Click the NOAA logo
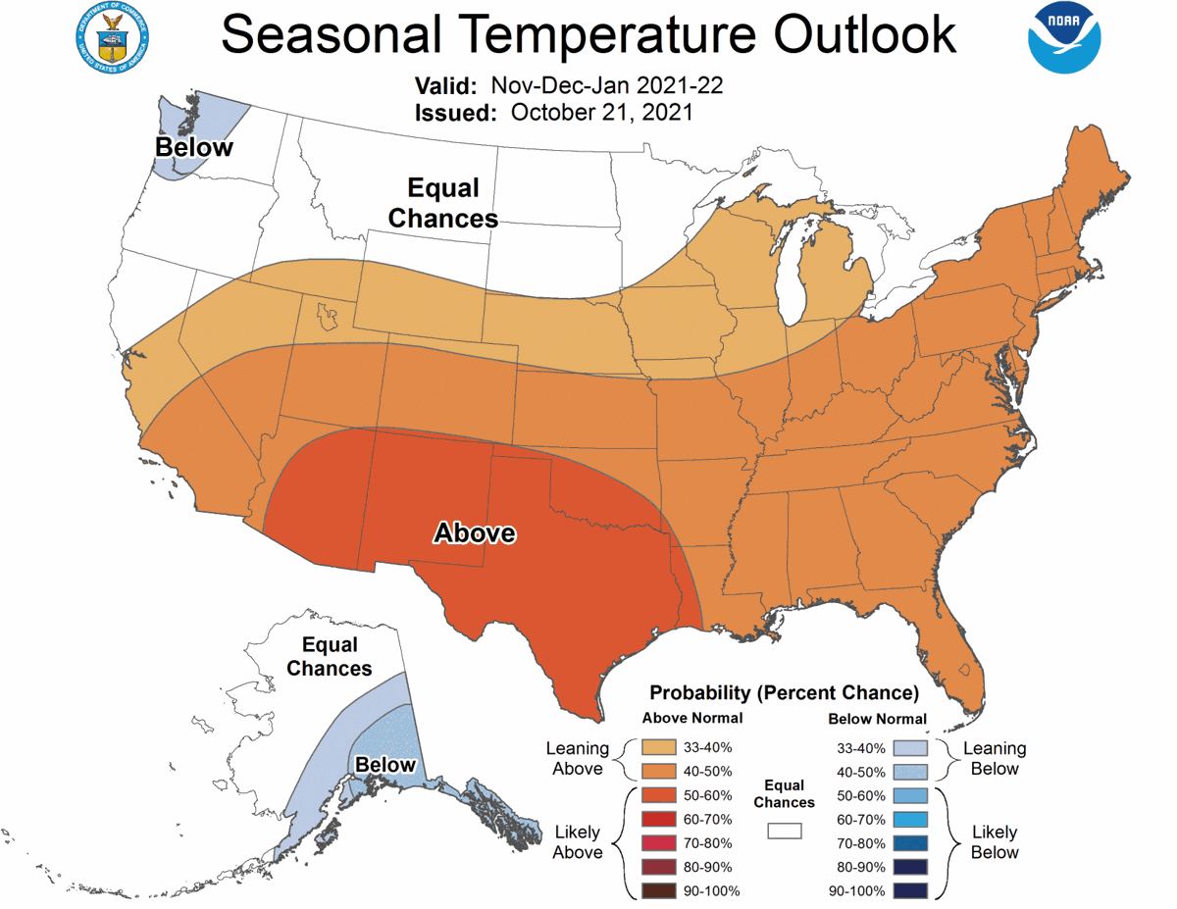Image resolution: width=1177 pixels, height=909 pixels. pyautogui.click(x=1065, y=38)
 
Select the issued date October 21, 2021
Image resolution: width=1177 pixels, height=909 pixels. pyautogui.click(x=601, y=113)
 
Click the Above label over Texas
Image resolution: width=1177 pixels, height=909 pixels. pyautogui.click(x=475, y=533)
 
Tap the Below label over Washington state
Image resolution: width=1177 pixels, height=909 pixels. pyautogui.click(x=194, y=148)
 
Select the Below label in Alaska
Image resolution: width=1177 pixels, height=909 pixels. pyautogui.click(x=385, y=765)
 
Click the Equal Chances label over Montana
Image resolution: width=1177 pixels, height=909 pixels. pyautogui.click(x=442, y=203)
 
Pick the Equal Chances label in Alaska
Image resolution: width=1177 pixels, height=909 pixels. pyautogui.click(x=330, y=657)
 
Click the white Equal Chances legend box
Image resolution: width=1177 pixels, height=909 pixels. pyautogui.click(x=785, y=831)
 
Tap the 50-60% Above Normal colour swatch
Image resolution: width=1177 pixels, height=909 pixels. pyautogui.click(x=659, y=795)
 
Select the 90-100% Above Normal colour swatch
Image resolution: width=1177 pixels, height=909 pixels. pyautogui.click(x=659, y=890)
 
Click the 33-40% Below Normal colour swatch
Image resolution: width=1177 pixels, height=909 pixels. pyautogui.click(x=909, y=747)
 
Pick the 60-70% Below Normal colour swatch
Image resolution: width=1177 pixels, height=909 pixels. pyautogui.click(x=909, y=819)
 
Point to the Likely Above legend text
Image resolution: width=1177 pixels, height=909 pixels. pyautogui.click(x=578, y=842)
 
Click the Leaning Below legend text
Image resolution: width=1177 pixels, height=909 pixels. pyautogui.click(x=995, y=759)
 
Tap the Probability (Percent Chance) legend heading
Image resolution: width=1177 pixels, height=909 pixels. pyautogui.click(x=784, y=693)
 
